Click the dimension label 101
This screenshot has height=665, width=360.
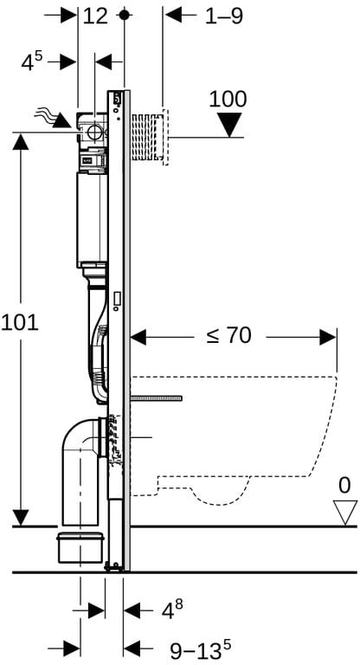(20, 324)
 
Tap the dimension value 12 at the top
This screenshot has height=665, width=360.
(95, 16)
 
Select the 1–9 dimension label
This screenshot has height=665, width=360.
(224, 16)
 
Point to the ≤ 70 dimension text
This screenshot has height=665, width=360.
(229, 336)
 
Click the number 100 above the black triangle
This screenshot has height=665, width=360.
(228, 100)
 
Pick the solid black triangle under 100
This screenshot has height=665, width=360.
(229, 125)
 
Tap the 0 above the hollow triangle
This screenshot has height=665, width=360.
(344, 485)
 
